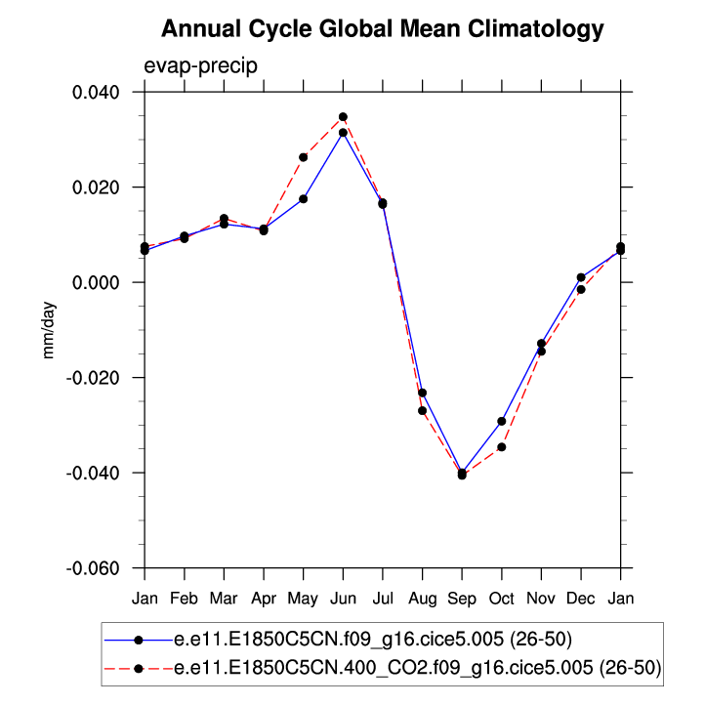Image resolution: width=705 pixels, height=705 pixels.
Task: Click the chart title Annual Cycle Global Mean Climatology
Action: pyautogui.click(x=383, y=29)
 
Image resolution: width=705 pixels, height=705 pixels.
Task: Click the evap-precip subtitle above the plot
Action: pyautogui.click(x=193, y=65)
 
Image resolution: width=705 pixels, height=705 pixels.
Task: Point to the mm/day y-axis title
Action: pyautogui.click(x=49, y=330)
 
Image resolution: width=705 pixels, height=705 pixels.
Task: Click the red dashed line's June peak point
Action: pyautogui.click(x=343, y=117)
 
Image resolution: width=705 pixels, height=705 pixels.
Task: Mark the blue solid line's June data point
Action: pyautogui.click(x=343, y=133)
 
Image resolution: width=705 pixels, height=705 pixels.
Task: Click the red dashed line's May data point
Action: pyautogui.click(x=304, y=157)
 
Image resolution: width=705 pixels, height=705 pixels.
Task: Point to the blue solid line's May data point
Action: pyautogui.click(x=304, y=199)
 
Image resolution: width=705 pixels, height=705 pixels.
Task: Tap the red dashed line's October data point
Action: pyautogui.click(x=502, y=447)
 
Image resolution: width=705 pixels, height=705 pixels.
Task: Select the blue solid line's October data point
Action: pyautogui.click(x=502, y=421)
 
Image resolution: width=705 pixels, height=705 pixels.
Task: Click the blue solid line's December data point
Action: pyautogui.click(x=581, y=277)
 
